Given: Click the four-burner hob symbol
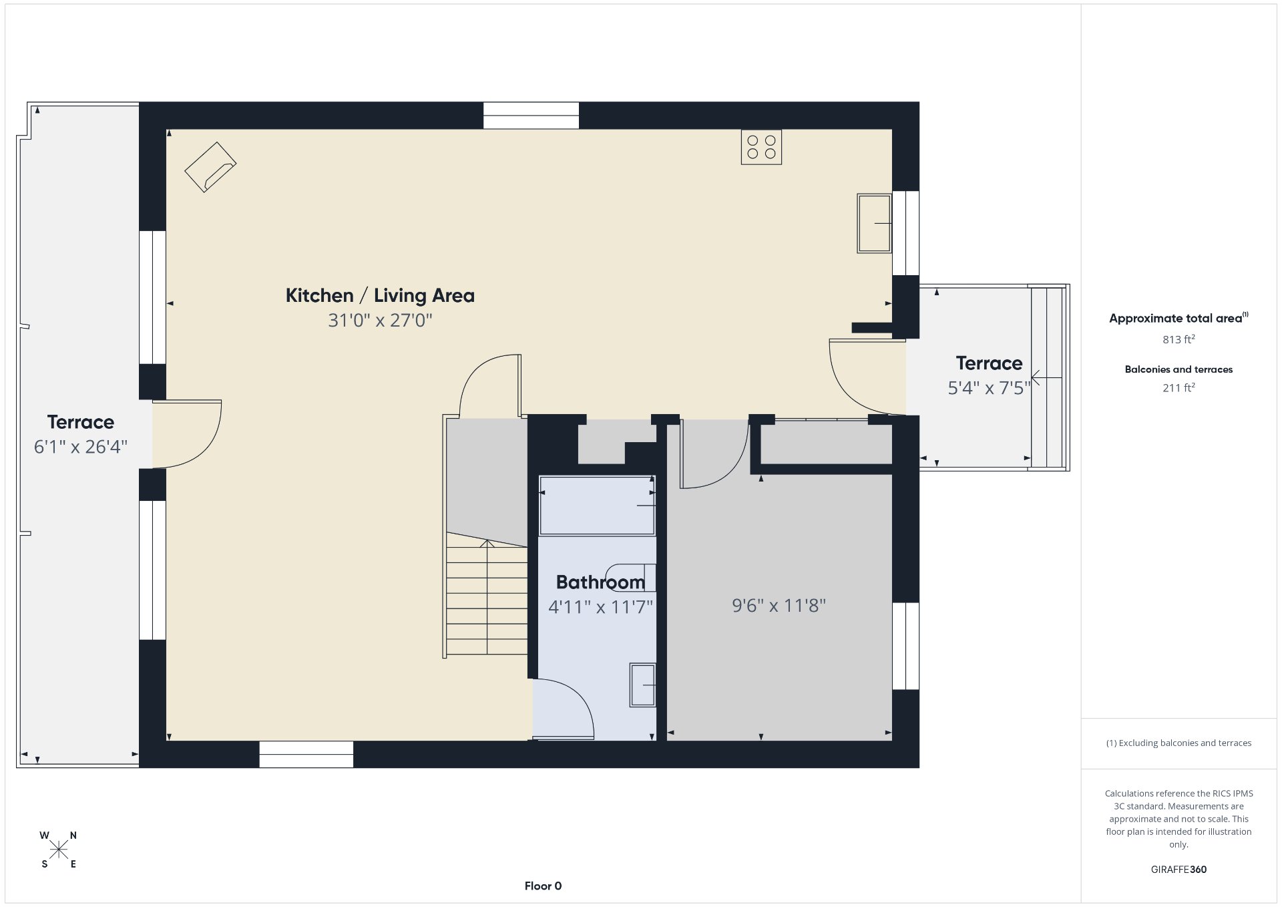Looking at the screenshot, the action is point(761,147).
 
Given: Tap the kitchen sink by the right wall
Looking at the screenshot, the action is point(874,223).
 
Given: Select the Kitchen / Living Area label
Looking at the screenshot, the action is point(380,295).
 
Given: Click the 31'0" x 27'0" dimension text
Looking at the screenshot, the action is point(380,321).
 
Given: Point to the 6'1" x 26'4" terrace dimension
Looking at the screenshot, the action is point(81,447).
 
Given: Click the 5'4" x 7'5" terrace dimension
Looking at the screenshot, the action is point(989,388).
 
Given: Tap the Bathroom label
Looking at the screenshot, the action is point(600,582).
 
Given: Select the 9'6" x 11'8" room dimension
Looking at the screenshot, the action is point(779,606).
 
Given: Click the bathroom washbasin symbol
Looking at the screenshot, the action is point(642,685).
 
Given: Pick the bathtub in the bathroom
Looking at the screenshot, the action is point(597,506).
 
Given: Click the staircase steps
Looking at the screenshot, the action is point(487,594).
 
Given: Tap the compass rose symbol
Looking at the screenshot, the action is point(59,850).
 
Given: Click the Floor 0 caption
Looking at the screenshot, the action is point(543,886).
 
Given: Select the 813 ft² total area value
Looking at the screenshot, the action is point(1179,339).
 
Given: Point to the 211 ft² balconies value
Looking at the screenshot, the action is point(1179,387).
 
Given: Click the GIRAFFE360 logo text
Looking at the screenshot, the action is point(1179,870).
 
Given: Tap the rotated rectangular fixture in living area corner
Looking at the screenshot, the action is point(210,167).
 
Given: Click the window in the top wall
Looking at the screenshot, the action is point(531,116).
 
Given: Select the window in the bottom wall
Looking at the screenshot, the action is point(306,755).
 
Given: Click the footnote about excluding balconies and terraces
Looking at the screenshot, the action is point(1179,743).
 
